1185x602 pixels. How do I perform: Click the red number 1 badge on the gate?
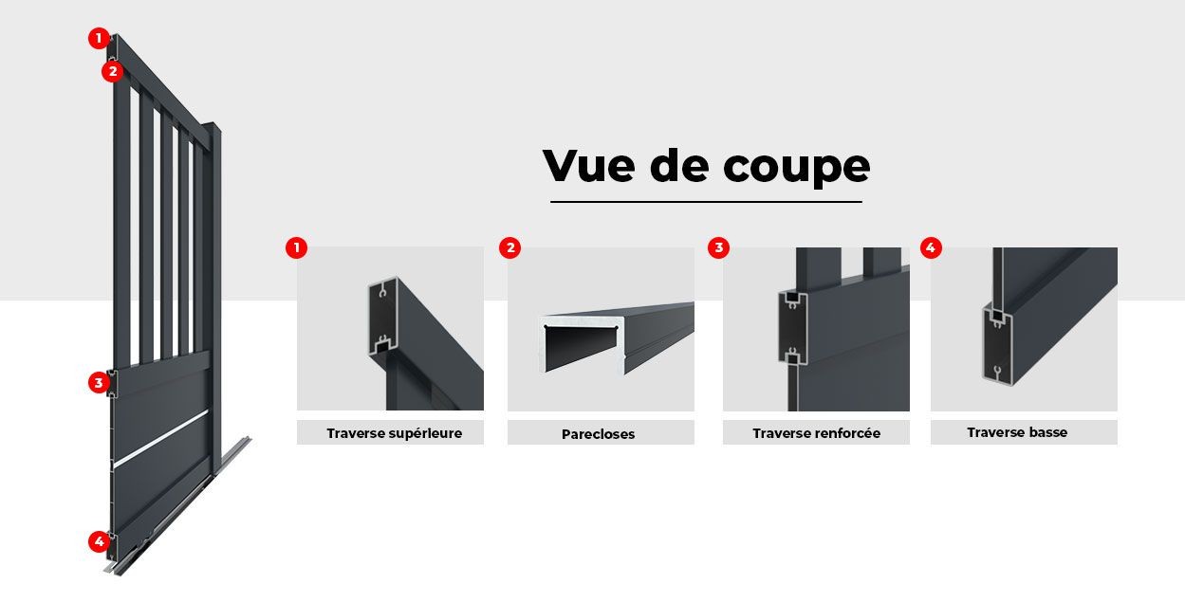pos(99,38)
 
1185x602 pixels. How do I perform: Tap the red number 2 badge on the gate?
pos(113,71)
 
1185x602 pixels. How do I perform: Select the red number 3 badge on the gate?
pos(99,383)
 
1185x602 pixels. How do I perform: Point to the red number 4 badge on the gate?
pos(99,541)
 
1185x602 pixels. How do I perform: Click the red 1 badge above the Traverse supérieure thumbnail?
pos(296,247)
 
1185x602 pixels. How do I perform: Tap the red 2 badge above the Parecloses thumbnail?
pos(510,247)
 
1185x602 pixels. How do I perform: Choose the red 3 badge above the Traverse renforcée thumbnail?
pos(718,247)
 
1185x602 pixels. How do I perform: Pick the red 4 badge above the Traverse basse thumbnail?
pos(931,247)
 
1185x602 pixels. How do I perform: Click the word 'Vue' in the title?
pos(589,166)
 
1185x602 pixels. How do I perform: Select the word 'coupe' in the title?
pos(796,169)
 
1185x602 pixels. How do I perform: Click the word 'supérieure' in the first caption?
pos(425,434)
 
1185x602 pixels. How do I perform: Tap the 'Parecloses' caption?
pos(598,434)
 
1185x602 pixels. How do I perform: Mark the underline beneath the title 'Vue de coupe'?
pos(706,201)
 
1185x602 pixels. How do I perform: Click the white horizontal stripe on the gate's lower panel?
pos(161,439)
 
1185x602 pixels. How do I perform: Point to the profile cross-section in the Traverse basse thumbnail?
pos(997,343)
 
